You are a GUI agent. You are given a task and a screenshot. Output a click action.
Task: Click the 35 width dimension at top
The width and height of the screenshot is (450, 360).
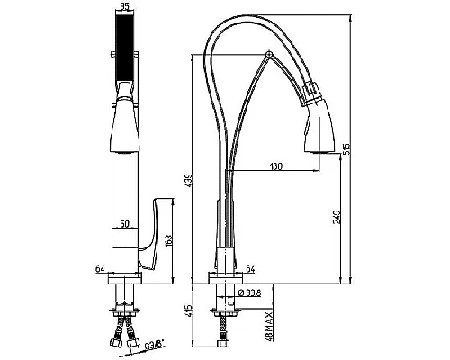click(124, 6)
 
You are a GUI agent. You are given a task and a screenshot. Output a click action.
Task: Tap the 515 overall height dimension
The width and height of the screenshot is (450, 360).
click(346, 149)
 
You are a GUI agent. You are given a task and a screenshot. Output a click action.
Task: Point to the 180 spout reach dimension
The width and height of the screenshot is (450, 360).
click(276, 166)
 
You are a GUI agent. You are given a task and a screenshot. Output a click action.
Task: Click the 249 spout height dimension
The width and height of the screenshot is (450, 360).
click(337, 217)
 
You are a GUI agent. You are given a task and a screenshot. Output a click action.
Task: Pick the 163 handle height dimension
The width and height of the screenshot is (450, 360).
click(168, 241)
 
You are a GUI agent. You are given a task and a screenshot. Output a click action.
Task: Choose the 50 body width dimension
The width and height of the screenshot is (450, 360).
click(124, 223)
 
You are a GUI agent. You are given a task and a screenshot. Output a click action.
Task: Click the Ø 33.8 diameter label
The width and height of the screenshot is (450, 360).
click(249, 292)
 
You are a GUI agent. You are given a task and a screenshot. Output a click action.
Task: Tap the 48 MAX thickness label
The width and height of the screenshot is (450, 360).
click(269, 327)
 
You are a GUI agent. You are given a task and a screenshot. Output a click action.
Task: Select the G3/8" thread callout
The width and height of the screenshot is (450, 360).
click(155, 345)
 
